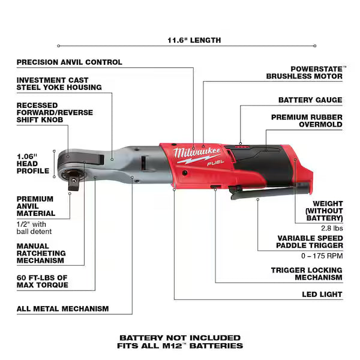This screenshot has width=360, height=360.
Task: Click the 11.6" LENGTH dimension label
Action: coord(194,40)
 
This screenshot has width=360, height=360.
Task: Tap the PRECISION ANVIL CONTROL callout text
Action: coord(70,62)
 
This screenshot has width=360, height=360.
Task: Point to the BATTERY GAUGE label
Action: coord(310,100)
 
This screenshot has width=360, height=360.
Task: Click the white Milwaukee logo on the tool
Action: coord(197,152)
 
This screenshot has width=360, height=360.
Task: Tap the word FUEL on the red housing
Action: coord(215,163)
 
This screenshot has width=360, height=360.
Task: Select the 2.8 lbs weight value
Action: coord(332,228)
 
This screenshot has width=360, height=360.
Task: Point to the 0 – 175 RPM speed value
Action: coord(322,256)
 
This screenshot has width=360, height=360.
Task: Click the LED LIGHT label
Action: coord(322,295)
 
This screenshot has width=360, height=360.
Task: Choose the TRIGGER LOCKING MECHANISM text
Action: coord(307,274)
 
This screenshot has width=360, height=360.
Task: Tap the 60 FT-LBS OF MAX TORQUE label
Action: coord(43,281)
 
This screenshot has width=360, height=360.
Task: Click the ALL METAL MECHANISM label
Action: coord(62,309)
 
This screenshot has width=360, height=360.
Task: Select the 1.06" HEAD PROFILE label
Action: coord(33,164)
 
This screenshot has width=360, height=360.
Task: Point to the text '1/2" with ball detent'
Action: coord(34,228)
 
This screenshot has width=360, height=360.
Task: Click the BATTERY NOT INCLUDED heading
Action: coord(180,338)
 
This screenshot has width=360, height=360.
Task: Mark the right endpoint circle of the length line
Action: coord(315,46)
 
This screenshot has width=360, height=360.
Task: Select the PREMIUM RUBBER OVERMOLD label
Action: coord(307,121)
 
